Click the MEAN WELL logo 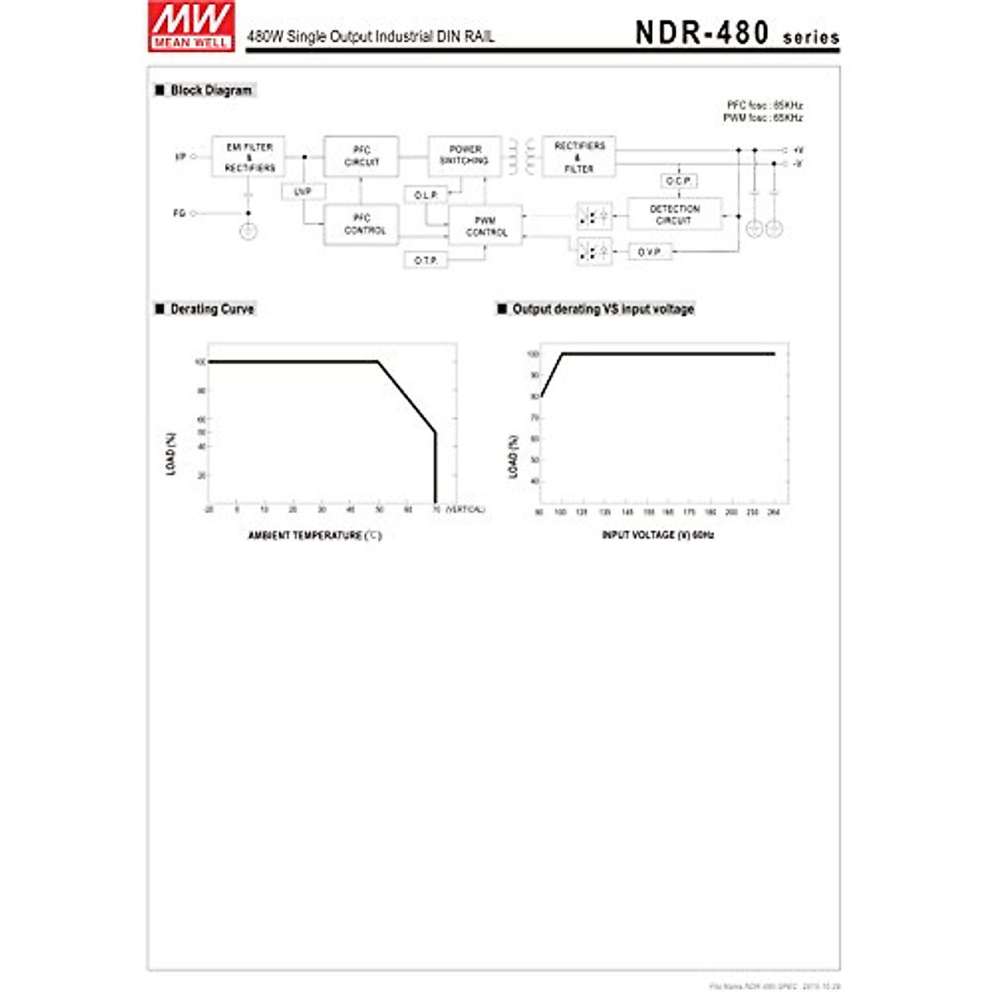click(x=191, y=26)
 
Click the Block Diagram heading click(x=211, y=90)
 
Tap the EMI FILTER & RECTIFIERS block click(x=249, y=157)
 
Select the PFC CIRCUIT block click(x=362, y=156)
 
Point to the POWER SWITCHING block click(x=464, y=156)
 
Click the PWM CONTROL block click(x=486, y=226)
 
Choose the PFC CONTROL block click(x=362, y=224)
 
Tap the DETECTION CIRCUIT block click(x=674, y=214)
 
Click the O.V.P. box click(x=650, y=252)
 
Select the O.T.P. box click(x=425, y=261)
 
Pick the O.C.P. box click(x=679, y=180)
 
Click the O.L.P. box click(x=425, y=195)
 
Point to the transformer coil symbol click(x=521, y=156)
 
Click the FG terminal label click(x=180, y=213)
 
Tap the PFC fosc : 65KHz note click(x=764, y=106)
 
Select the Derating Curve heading click(x=212, y=309)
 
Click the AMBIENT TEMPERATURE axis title click(x=314, y=535)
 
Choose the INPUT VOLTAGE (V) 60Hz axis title click(x=657, y=535)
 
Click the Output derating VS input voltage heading click(x=602, y=309)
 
